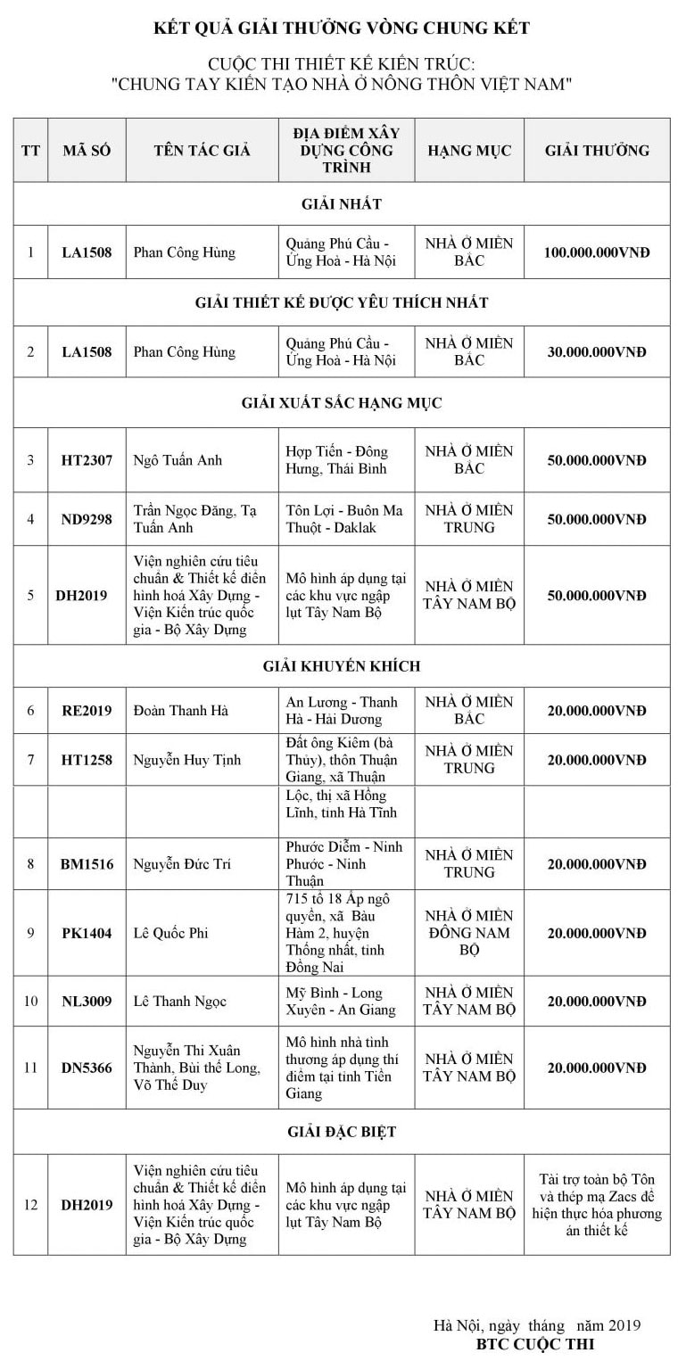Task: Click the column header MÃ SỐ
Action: click(87, 150)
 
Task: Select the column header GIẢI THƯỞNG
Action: click(597, 150)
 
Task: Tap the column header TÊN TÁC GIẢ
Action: click(202, 150)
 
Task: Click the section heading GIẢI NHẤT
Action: click(342, 204)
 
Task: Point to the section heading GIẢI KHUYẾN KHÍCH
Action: click(342, 666)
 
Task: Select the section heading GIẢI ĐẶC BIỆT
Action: click(342, 1132)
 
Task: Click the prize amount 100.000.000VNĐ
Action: click(597, 252)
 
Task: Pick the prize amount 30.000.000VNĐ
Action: click(597, 352)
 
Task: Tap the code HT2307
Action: click(87, 460)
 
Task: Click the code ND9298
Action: click(87, 519)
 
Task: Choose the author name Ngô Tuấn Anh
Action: click(178, 460)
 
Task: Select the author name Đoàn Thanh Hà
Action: click(181, 711)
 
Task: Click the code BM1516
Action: click(87, 864)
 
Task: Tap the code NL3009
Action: click(87, 1002)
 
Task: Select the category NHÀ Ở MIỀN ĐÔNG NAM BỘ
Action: click(468, 933)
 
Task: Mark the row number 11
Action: click(31, 1068)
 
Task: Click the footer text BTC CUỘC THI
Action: click(535, 1343)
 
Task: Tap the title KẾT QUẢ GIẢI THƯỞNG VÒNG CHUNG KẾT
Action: click(342, 29)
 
